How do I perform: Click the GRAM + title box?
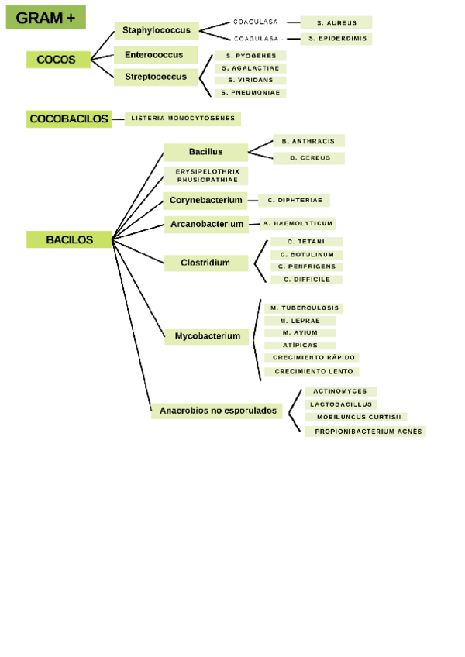tap(46, 17)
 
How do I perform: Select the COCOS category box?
tap(57, 59)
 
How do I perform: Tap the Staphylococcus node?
tap(156, 30)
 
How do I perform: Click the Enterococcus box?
tap(154, 55)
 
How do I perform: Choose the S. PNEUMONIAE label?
tap(250, 93)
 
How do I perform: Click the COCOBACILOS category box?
tap(69, 119)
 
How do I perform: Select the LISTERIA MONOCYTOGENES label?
tap(183, 119)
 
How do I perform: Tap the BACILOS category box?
tap(69, 240)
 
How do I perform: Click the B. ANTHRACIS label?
tap(308, 141)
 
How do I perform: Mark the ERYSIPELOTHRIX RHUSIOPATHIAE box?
tap(207, 175)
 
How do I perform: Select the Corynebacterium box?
tap(205, 200)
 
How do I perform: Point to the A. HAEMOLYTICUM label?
tap(298, 223)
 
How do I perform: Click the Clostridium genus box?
tap(205, 263)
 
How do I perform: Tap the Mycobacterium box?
tap(207, 336)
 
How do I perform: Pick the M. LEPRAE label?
tap(300, 320)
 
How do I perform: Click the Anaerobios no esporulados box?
tap(218, 411)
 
